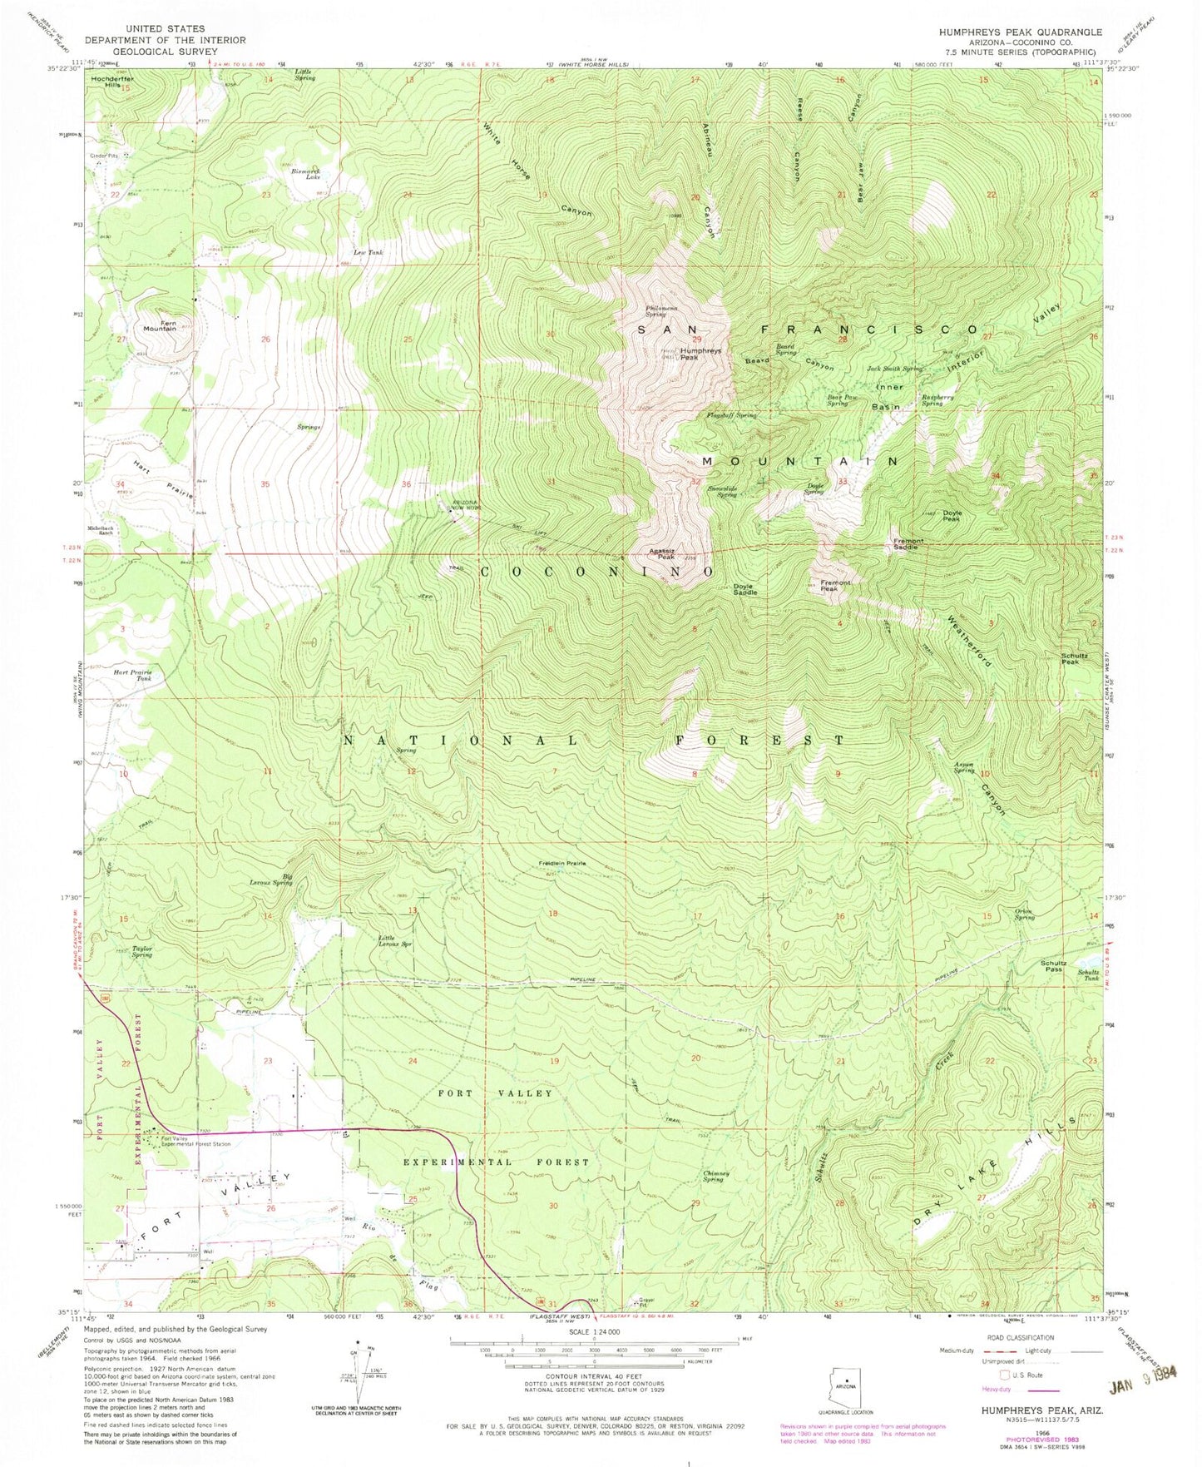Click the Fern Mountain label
[160, 325]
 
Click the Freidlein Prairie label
[563, 864]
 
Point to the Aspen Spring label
[964, 768]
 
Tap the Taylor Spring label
[142, 951]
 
